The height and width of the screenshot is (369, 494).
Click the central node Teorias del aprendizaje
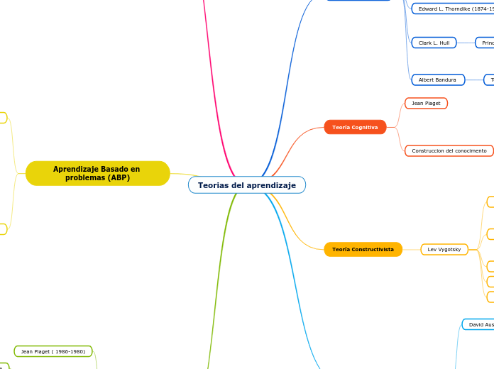(x=246, y=185)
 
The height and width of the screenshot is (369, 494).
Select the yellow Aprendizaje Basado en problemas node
(x=97, y=173)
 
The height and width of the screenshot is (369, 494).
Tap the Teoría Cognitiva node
(x=355, y=127)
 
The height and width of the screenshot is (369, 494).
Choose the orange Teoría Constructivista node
(x=363, y=250)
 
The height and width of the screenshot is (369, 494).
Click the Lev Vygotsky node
(x=444, y=250)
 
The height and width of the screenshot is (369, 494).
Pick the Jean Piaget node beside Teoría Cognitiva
(x=426, y=104)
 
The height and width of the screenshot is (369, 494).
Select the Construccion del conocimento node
(x=449, y=151)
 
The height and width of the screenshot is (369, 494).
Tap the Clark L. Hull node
(x=434, y=43)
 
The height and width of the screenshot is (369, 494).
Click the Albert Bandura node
(x=437, y=80)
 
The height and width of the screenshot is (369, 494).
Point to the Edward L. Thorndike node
(x=454, y=9)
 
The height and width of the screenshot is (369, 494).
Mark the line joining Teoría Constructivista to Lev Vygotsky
(x=412, y=250)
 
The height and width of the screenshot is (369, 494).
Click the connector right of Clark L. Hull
(x=466, y=43)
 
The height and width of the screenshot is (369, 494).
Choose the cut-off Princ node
(x=485, y=43)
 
